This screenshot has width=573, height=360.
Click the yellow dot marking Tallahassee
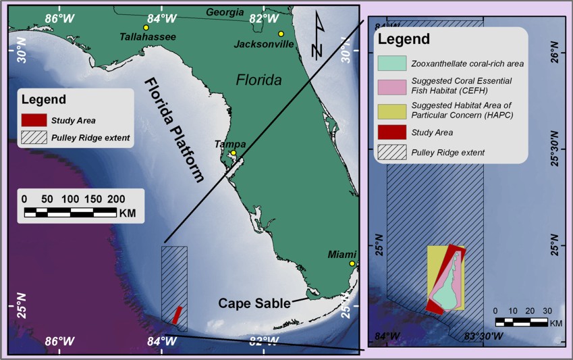[146, 27]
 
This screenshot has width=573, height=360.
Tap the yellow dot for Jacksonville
[281, 34]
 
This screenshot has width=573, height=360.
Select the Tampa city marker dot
[233, 153]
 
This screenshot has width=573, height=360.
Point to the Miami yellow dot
[352, 263]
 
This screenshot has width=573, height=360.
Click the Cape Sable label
[253, 303]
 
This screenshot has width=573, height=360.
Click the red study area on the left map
[177, 315]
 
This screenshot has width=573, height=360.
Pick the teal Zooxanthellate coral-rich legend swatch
[391, 64]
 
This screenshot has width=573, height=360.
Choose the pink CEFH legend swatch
[391, 86]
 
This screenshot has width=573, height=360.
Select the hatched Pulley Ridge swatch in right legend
[391, 152]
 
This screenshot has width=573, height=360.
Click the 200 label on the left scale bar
[117, 199]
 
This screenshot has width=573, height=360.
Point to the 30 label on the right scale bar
[547, 311]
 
